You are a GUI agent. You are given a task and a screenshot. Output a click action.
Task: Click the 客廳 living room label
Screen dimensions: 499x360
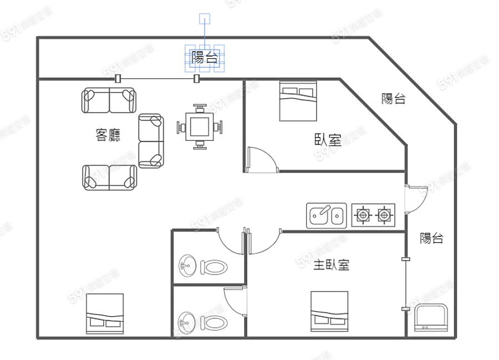(108, 135)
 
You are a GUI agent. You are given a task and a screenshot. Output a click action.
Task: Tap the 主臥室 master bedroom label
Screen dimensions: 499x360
(332, 265)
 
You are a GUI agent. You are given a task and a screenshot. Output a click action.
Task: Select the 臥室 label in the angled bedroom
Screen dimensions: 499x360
(328, 139)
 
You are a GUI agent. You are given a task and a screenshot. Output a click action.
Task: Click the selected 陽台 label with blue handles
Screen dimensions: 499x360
(205, 58)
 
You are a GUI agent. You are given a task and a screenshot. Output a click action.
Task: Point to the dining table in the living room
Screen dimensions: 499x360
(200, 126)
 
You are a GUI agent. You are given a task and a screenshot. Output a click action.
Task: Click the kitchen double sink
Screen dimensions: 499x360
(326, 215)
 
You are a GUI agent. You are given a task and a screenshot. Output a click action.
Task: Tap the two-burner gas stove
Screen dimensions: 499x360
(373, 215)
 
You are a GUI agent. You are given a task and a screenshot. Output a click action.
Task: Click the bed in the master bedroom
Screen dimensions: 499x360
(329, 311)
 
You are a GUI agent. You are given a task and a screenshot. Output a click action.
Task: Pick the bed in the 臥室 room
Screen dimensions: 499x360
(298, 101)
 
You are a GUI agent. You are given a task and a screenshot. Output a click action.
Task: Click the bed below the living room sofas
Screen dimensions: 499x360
(105, 313)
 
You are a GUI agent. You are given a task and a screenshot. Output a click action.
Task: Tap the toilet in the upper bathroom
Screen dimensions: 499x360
(214, 267)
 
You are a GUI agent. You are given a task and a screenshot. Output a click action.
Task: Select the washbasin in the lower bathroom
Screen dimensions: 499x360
(187, 323)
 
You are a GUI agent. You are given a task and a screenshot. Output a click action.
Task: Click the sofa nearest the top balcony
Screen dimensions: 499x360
(109, 100)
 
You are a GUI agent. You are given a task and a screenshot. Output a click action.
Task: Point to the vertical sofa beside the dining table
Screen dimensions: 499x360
(151, 141)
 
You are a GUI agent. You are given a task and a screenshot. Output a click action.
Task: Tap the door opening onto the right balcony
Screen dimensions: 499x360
(416, 199)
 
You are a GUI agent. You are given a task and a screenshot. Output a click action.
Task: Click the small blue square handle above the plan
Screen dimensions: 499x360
(205, 19)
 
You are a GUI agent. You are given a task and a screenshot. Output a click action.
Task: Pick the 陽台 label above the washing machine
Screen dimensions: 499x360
(431, 238)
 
